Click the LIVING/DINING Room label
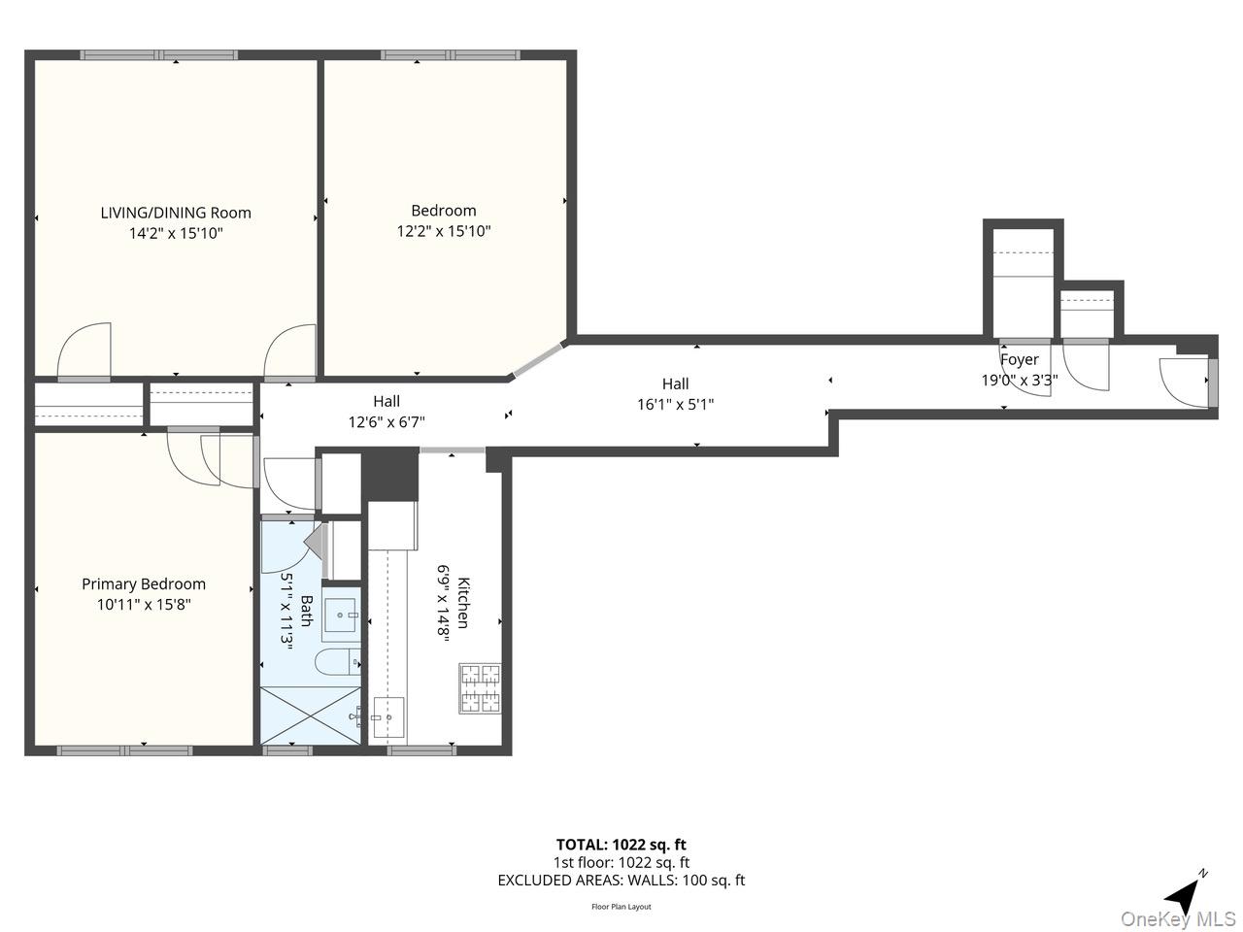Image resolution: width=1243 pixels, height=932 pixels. pyautogui.click(x=176, y=213)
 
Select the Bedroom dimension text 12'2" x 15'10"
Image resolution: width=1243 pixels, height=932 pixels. pyautogui.click(x=443, y=231)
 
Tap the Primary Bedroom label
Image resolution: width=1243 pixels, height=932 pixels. pyautogui.click(x=144, y=583)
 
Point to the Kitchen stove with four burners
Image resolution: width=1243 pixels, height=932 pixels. pyautogui.click(x=480, y=687)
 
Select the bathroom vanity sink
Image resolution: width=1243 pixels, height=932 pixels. pyautogui.click(x=341, y=615)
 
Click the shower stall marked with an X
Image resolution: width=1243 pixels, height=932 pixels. pyautogui.click(x=309, y=716)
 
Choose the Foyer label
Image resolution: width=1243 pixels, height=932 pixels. pyautogui.click(x=1019, y=359)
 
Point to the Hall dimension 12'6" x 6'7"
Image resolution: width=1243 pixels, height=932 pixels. pyautogui.click(x=386, y=421)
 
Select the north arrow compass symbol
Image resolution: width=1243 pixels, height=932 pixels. pyautogui.click(x=1185, y=891)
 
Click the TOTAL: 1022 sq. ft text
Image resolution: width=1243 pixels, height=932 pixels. pyautogui.click(x=621, y=845)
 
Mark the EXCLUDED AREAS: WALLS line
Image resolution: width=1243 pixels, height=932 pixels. pyautogui.click(x=621, y=881)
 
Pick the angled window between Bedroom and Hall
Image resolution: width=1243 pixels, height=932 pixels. pyautogui.click(x=538, y=359)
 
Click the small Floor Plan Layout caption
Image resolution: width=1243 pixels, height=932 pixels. pyautogui.click(x=621, y=907)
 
